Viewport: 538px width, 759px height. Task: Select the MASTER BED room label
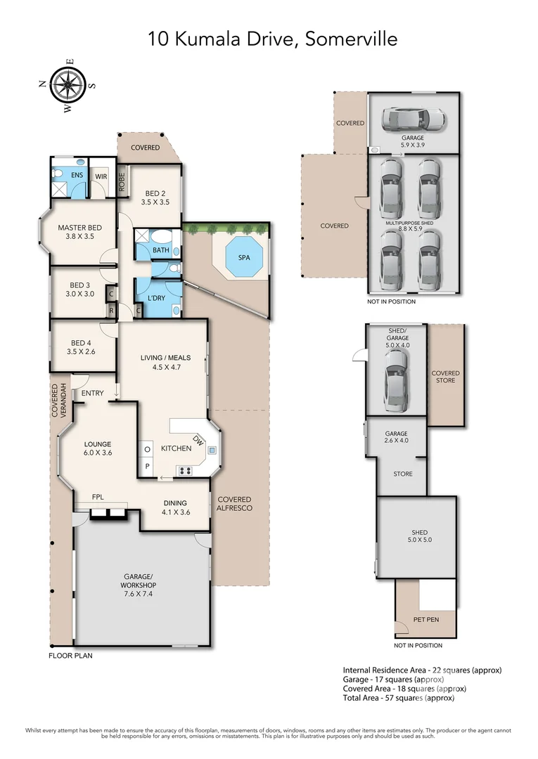(x=79, y=227)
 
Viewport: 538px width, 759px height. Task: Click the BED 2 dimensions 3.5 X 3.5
(x=155, y=202)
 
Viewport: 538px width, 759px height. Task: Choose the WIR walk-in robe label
(x=101, y=176)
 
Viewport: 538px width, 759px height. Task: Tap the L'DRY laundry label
(x=157, y=298)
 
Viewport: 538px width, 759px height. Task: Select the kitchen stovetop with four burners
(x=186, y=471)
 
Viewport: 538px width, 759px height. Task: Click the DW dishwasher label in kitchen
(x=202, y=441)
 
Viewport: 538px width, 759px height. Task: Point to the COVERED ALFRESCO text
(x=234, y=502)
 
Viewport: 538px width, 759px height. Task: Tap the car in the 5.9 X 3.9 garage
(x=414, y=119)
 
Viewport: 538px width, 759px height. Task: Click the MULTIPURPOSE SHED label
(x=414, y=222)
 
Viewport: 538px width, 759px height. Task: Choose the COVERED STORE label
(x=445, y=377)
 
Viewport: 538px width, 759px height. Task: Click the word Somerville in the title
(x=350, y=38)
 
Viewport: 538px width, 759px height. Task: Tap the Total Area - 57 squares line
(x=398, y=698)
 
